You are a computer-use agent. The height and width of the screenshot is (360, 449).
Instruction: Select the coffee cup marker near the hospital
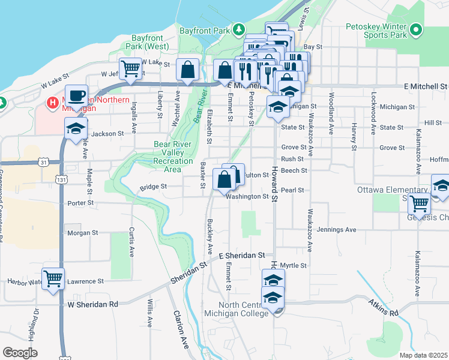[77, 96]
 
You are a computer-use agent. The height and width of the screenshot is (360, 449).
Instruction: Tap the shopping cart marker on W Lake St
[130, 68]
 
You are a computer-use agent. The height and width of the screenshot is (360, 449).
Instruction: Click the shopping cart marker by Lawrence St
[53, 278]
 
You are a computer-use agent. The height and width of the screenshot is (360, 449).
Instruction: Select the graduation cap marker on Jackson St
[76, 128]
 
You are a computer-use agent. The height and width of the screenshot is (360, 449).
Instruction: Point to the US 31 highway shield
[43, 162]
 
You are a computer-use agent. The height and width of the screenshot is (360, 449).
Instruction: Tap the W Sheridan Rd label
[92, 304]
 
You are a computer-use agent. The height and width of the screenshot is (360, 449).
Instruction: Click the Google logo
[20, 353]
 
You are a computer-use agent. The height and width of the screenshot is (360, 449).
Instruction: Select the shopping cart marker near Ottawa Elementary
[419, 204]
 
